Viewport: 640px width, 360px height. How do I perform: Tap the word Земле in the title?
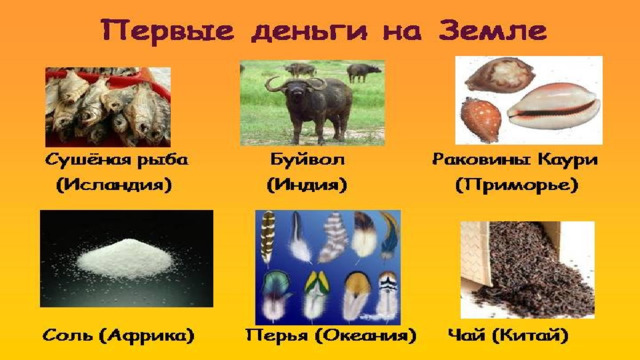[x=493, y=30]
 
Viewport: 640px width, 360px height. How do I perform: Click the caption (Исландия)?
[x=114, y=185]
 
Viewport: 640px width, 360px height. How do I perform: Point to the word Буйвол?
[x=307, y=159]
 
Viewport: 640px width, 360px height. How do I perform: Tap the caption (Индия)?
[x=307, y=185]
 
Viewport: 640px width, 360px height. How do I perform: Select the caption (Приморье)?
[x=517, y=185]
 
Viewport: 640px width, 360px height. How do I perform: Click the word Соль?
[x=68, y=336]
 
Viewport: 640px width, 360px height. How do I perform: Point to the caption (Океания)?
[x=365, y=336]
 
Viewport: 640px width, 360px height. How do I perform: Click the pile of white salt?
[x=126, y=259]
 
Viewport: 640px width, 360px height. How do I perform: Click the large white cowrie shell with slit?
[x=554, y=106]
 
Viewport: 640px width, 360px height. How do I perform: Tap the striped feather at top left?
[x=267, y=238]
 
